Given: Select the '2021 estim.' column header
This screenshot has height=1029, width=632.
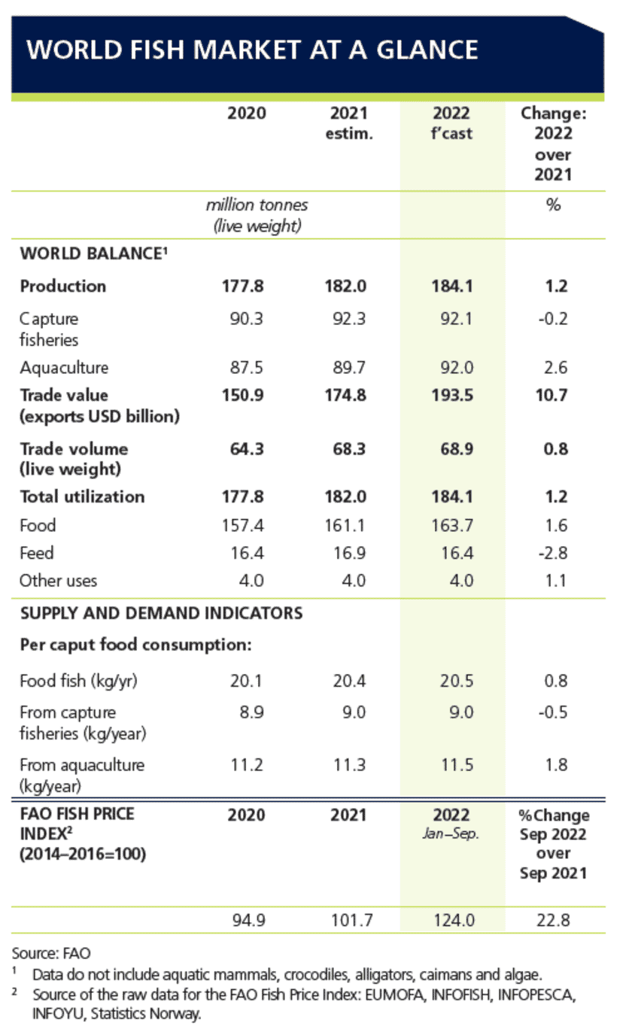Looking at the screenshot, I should coord(348,124).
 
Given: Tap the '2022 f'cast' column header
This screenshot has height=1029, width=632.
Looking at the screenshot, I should coord(451,124).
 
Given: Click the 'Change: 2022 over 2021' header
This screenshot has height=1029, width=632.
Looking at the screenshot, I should coord(553,144).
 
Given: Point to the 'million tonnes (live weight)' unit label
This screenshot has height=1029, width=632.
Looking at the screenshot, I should coord(257,215).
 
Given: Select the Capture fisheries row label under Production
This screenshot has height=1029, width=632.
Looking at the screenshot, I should coord(50,329).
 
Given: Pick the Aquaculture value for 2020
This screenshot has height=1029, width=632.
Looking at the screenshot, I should coord(246,368).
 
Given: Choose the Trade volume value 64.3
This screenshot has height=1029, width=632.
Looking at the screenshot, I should coord(246,449).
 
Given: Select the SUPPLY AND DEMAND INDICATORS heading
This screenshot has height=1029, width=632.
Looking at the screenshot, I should coord(161,614).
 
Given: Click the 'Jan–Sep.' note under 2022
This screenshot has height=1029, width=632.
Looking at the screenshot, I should coord(452,833).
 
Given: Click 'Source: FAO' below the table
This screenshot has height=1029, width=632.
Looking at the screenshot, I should coord(51,955).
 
